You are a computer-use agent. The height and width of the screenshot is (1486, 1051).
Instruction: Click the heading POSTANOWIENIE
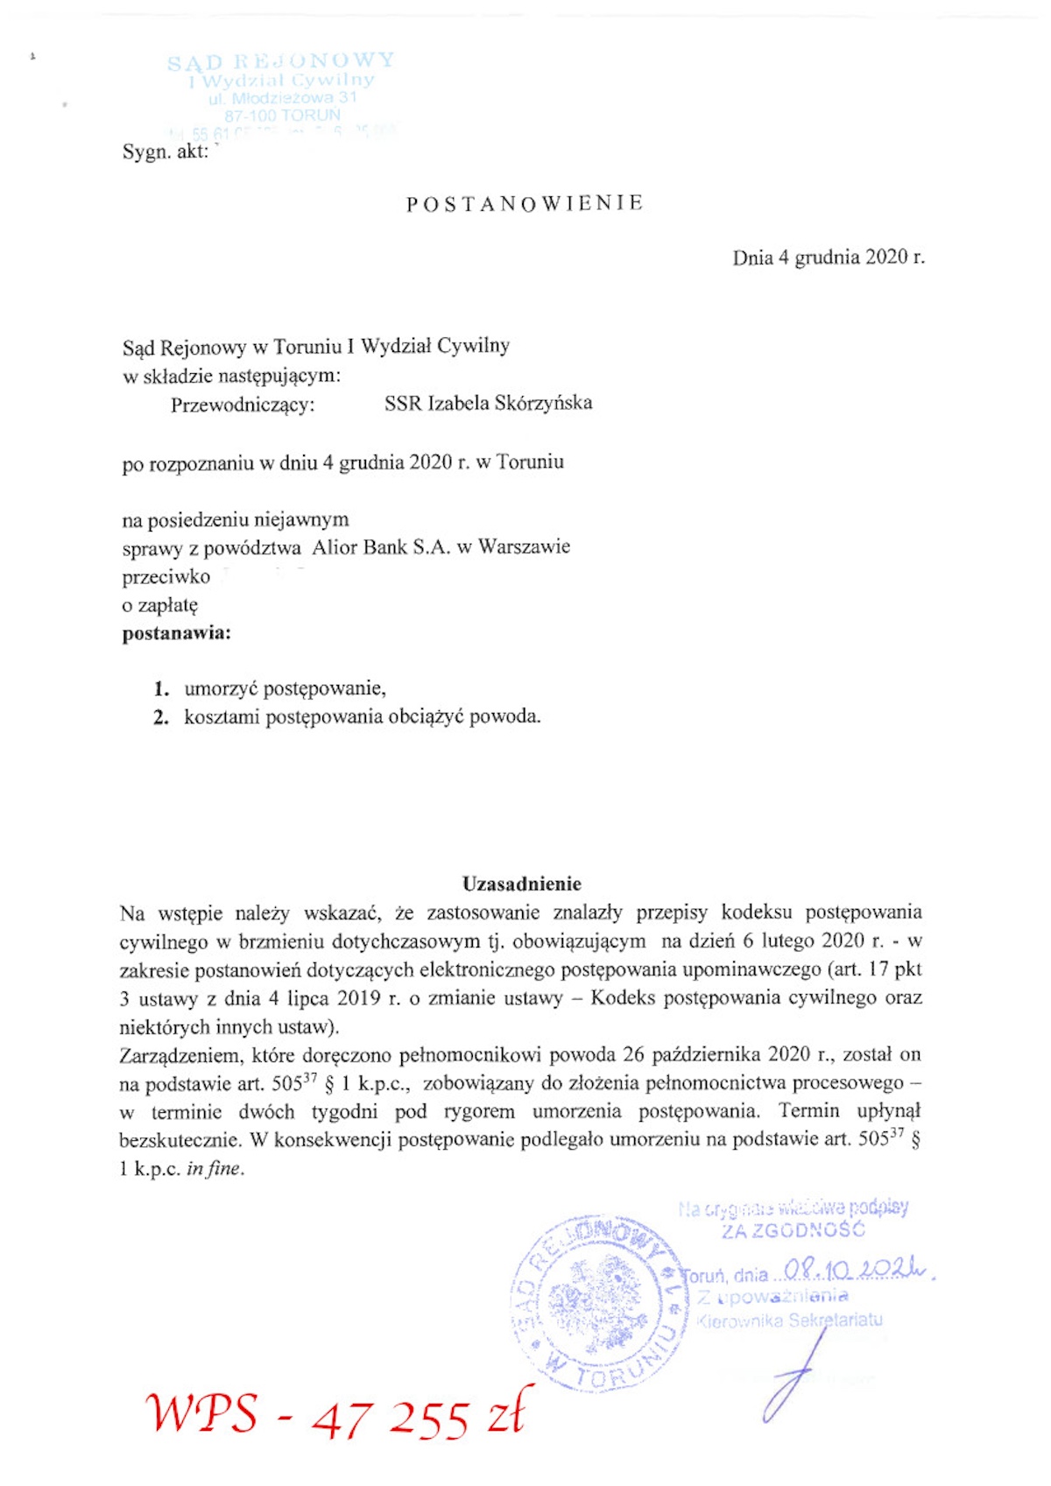point(525,204)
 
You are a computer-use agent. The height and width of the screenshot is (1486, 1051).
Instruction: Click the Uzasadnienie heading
point(522,884)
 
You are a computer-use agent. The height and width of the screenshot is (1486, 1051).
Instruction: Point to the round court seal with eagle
point(597,1303)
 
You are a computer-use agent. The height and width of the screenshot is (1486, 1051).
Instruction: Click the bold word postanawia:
point(176,633)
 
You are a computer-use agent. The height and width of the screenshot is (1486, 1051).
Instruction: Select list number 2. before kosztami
point(161,717)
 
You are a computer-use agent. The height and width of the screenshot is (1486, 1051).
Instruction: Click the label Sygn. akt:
point(166,151)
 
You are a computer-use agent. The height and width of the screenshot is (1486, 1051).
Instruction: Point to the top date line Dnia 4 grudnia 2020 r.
point(828,257)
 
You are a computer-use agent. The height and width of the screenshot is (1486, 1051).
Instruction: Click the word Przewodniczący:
point(243,405)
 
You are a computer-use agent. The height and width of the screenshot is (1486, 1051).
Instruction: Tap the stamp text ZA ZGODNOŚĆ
point(794,1230)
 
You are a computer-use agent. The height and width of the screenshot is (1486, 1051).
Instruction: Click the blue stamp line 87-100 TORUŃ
point(282,115)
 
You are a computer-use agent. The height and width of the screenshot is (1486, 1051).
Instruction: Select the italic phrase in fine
point(214,1169)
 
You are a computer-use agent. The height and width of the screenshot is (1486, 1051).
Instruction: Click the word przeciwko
point(166,577)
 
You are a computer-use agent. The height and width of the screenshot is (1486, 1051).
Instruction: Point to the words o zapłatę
point(160,605)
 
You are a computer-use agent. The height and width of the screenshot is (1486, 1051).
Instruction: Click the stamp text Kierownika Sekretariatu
point(789,1320)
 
